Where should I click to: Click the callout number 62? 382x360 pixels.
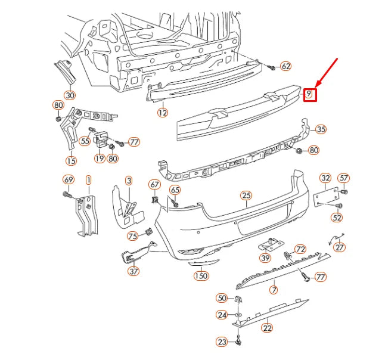[285, 66]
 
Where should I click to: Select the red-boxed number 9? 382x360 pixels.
[309, 94]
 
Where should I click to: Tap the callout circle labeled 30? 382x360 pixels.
[70, 95]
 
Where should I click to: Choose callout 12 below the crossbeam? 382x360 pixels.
[163, 111]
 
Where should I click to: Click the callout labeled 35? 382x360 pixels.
[321, 129]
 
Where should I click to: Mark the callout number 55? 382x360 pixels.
[85, 141]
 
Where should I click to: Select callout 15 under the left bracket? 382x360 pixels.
[72, 160]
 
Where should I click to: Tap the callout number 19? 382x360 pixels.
[100, 159]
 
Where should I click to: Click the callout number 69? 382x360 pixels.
[68, 179]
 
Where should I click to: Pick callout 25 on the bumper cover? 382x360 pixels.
[247, 195]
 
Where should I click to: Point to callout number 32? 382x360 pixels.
[325, 178]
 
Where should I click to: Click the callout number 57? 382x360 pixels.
[344, 178]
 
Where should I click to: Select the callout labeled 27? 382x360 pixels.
[339, 247]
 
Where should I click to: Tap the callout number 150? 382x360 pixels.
[201, 275]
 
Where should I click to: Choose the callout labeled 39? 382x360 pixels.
[265, 257]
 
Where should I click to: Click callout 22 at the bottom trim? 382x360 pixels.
[267, 327]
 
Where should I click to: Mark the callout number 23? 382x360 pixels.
[222, 342]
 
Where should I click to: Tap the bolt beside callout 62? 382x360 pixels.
[271, 68]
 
